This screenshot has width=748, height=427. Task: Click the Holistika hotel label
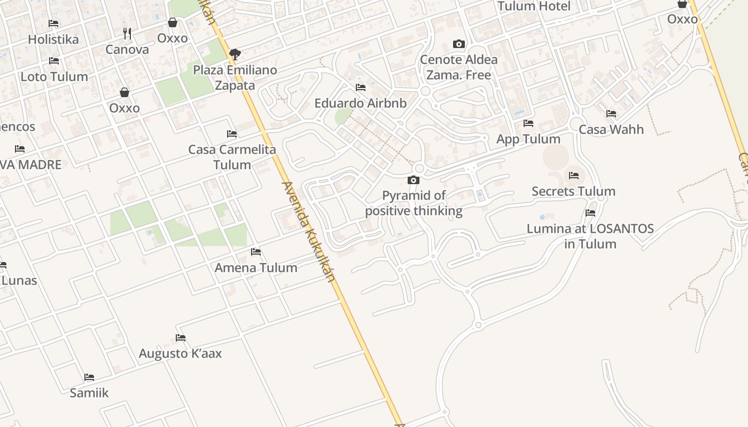point(53,39)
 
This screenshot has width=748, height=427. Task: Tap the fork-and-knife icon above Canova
point(127,34)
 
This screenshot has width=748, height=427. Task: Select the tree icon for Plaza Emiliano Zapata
point(235,54)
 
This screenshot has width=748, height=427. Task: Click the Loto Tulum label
point(54,77)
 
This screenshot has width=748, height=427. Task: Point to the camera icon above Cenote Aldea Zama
point(458,44)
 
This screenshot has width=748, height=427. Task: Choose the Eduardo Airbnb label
point(360,104)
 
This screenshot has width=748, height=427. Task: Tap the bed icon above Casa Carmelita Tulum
point(232,133)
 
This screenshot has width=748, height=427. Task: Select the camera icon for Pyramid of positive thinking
point(414,180)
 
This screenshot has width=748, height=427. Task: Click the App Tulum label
point(528,139)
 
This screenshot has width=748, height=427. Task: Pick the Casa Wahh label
point(611,130)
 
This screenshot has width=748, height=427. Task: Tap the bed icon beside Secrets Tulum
point(574,175)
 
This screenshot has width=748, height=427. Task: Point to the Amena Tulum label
point(256,268)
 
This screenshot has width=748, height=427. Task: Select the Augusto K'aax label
point(180,354)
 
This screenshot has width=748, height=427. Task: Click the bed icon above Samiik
point(89,377)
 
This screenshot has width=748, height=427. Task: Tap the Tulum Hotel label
point(534,6)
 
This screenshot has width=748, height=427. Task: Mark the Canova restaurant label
point(127,50)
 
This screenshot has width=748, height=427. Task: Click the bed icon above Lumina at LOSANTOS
point(590,212)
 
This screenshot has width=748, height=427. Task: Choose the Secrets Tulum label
point(573,192)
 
